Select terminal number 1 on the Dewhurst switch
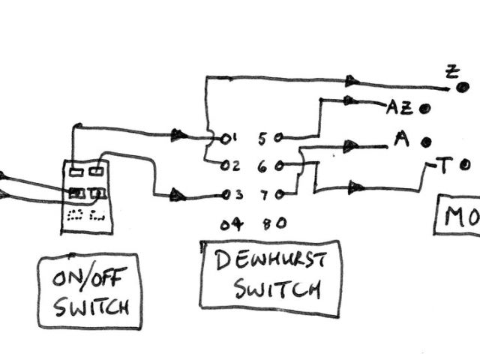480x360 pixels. (x=232, y=138)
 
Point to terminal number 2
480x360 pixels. (x=232, y=166)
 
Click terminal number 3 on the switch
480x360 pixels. (x=236, y=195)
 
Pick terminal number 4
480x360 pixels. (x=232, y=223)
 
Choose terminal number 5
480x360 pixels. (x=262, y=138)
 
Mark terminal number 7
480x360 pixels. (x=264, y=195)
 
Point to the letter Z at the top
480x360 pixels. (x=451, y=73)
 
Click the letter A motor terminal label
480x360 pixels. (x=401, y=139)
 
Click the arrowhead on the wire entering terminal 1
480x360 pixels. (x=178, y=134)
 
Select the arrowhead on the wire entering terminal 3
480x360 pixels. (x=177, y=195)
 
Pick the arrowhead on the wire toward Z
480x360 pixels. (x=352, y=81)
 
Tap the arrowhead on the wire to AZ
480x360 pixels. (x=349, y=100)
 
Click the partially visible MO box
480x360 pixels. (x=457, y=217)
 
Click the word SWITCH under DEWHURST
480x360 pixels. (x=277, y=289)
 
